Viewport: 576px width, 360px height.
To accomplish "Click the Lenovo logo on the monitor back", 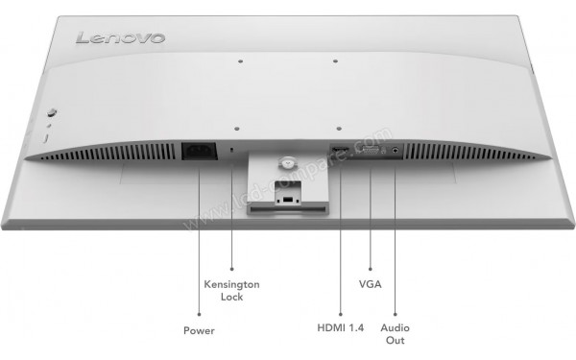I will coord(120,38).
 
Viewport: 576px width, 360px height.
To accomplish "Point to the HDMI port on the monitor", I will coord(339,151).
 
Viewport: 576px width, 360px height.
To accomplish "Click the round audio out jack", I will coord(396,151).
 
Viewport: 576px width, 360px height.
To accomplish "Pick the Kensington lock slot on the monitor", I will coord(235,151).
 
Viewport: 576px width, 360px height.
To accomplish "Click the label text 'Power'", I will coord(199,330).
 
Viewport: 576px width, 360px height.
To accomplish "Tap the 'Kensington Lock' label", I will coord(232,291).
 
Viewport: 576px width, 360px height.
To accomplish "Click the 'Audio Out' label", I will coord(396,334).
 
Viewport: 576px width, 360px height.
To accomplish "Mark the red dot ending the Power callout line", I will coord(199,313).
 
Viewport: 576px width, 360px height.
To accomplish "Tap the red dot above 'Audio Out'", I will coord(396,313).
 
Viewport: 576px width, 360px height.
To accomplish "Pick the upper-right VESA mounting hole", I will coord(335,62).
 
